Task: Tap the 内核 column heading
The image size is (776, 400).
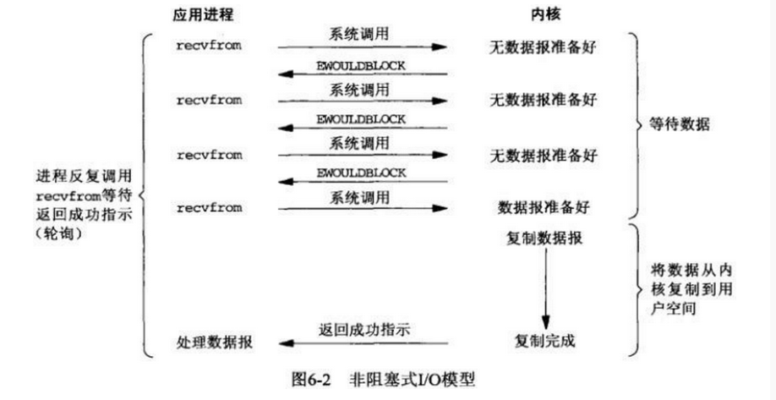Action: coord(544,14)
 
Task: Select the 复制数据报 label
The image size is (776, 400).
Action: coord(544,239)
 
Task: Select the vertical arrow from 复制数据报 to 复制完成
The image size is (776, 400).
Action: coord(545,288)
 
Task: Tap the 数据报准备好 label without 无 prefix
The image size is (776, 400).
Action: coord(544,206)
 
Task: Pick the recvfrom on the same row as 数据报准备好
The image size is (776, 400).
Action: coord(209,207)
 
